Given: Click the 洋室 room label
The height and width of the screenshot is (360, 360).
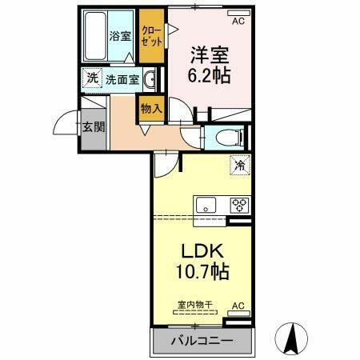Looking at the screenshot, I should tap(210, 56).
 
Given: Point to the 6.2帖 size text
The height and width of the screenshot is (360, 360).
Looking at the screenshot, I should tap(210, 78).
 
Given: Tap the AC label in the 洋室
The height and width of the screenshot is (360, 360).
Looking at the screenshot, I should tap(238, 10).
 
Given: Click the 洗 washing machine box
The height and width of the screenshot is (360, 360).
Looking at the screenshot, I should tap(92, 78).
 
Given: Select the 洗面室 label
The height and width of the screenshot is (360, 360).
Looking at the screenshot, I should tap(122, 79).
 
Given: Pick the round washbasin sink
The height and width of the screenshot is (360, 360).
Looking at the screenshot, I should tap(150, 78).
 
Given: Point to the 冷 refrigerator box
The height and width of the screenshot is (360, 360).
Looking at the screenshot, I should tap(239, 166).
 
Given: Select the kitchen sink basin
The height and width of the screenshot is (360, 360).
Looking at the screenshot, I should tap(205, 203).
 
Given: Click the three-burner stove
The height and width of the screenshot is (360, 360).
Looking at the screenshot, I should tap(239, 204).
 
